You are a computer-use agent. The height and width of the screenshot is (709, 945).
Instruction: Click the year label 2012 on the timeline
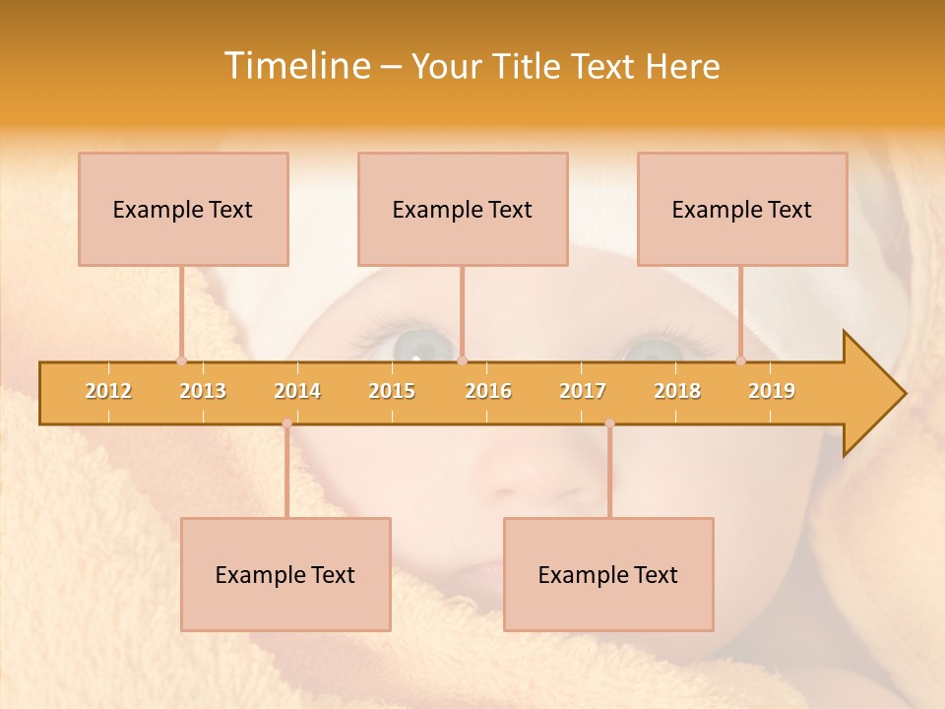(108, 391)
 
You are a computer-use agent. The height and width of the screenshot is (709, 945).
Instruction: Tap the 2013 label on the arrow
(203, 391)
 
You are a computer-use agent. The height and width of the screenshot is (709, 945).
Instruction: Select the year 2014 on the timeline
(297, 391)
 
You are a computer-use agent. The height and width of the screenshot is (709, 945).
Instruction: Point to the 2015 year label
(392, 391)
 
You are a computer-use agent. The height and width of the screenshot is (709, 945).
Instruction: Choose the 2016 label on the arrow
(488, 391)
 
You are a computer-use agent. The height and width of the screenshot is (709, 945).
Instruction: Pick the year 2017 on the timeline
(583, 391)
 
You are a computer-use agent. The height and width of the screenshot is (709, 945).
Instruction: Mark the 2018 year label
(677, 391)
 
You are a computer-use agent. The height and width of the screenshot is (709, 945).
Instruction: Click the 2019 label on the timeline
(772, 391)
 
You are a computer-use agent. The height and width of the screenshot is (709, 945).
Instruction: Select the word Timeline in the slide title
(295, 66)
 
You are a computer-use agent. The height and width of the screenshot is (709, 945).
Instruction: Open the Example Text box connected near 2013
(183, 209)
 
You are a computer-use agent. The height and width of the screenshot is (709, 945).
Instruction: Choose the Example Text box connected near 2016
(463, 209)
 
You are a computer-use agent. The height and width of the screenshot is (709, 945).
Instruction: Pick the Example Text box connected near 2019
(742, 209)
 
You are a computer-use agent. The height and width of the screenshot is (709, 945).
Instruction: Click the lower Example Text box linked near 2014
(285, 574)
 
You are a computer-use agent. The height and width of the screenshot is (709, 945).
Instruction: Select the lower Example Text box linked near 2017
(608, 574)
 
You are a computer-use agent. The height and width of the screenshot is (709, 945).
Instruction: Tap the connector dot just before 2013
(181, 360)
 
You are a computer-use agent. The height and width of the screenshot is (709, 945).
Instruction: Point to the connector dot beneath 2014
(286, 423)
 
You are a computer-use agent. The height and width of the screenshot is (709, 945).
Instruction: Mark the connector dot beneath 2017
(609, 423)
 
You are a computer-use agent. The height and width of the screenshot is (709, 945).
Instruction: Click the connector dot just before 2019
(741, 360)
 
